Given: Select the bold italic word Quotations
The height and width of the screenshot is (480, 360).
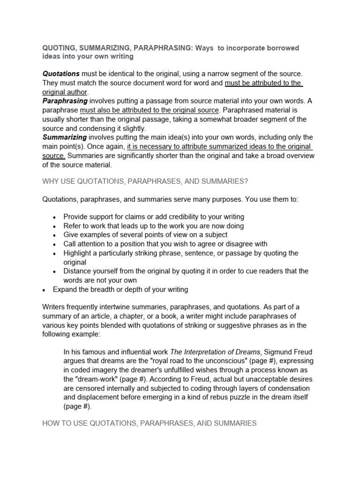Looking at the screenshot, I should [x=61, y=74].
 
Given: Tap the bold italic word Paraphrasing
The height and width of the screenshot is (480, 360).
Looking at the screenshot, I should [x=65, y=101].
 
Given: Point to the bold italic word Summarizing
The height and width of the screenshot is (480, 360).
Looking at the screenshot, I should [x=65, y=137].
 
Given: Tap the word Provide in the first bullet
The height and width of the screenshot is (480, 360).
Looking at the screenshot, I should [x=76, y=217].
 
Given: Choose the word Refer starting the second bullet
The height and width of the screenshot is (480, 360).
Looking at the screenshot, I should [x=72, y=226].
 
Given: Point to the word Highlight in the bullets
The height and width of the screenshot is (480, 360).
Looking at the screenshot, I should [x=78, y=253].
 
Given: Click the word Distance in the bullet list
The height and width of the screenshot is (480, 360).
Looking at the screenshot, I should [x=78, y=271].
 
